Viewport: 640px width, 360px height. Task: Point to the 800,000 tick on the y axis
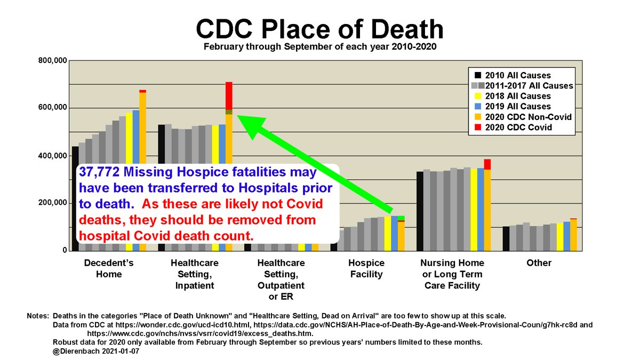52,61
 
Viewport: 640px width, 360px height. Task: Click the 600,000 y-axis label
52,108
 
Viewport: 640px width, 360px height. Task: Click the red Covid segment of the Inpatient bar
229,95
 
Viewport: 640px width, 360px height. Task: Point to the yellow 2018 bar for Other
560,237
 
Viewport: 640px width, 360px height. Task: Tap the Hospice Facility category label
366,269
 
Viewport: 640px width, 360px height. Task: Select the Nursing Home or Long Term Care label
452,274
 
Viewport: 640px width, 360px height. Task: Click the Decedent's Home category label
109,269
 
